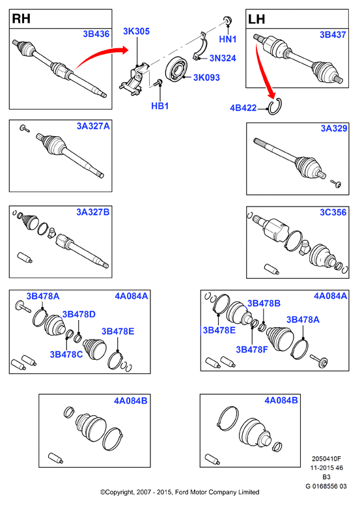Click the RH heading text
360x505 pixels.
(x=21, y=19)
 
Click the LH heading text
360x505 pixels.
(x=256, y=20)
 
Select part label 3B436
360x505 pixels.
(x=96, y=34)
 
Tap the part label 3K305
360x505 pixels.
(x=137, y=31)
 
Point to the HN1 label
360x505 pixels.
(x=228, y=39)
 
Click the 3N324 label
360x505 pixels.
(x=223, y=58)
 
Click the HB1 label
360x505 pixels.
(x=160, y=106)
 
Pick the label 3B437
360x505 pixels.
(x=333, y=35)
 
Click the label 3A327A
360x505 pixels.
(x=93, y=126)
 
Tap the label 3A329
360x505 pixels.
(x=334, y=128)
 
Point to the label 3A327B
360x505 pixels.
(x=93, y=212)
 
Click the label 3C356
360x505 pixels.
(x=333, y=212)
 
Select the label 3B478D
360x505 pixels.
(x=79, y=314)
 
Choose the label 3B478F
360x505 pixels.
(x=252, y=349)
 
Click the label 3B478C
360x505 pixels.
(x=66, y=354)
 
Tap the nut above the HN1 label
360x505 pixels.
(x=228, y=20)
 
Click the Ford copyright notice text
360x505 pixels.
(x=180, y=492)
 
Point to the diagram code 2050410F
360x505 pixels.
(x=326, y=459)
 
